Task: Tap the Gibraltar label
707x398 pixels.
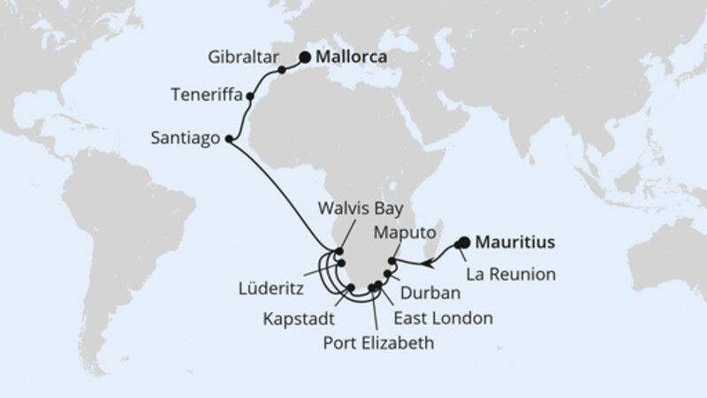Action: (240, 53)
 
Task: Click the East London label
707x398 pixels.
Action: (445, 316)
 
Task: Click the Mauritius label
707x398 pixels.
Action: (517, 241)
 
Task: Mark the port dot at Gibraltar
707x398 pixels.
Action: (281, 69)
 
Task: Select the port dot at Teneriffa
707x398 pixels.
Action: (251, 96)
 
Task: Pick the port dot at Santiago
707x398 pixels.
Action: (229, 139)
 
